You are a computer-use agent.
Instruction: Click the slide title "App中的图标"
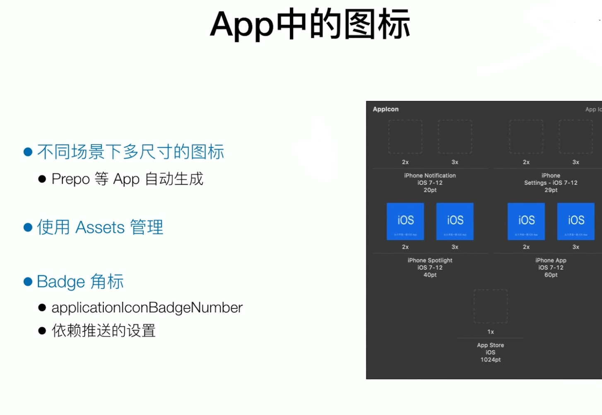(x=310, y=25)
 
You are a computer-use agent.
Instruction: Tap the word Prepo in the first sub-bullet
(x=70, y=179)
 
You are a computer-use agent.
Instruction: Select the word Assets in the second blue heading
(x=100, y=227)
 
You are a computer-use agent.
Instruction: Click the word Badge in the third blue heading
(x=61, y=282)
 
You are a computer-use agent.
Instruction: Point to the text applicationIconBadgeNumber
(x=147, y=308)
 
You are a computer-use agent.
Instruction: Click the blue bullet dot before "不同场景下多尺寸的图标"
(x=28, y=152)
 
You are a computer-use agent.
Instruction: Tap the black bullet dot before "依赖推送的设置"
(x=42, y=331)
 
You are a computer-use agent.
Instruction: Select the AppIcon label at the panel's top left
(x=385, y=109)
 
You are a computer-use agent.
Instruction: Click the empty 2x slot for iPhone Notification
(x=405, y=137)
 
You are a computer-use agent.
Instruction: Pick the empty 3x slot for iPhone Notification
(x=455, y=137)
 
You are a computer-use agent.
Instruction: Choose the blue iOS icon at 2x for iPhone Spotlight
(x=405, y=221)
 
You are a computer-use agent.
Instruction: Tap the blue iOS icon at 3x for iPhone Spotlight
(x=455, y=221)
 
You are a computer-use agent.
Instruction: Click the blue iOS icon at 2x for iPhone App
(x=526, y=221)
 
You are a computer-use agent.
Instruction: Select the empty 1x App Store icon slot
(x=491, y=306)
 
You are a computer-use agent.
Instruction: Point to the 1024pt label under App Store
(x=491, y=360)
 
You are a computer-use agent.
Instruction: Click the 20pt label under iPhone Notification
(x=430, y=190)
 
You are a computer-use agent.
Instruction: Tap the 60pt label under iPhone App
(x=551, y=275)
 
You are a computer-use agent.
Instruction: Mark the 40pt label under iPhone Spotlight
(x=430, y=275)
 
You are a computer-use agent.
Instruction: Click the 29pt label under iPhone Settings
(x=551, y=190)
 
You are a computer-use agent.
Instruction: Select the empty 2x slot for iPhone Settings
(x=526, y=137)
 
